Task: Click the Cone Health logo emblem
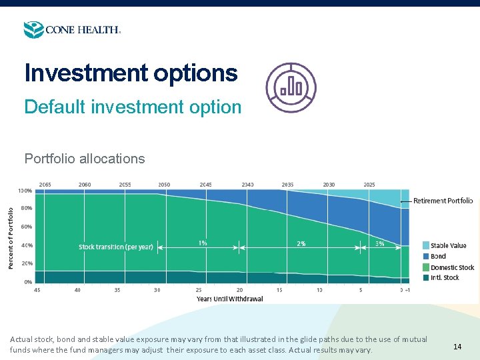(x=33, y=30)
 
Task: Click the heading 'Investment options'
(x=131, y=73)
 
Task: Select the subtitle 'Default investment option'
(x=133, y=107)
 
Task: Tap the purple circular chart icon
(x=291, y=87)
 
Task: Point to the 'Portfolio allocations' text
(x=85, y=159)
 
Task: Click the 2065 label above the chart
(x=45, y=184)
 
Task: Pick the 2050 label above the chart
(x=164, y=184)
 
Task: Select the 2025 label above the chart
(x=369, y=184)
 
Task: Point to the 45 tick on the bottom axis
(x=37, y=290)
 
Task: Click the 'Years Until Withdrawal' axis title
(x=229, y=299)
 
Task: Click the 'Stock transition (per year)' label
(x=116, y=247)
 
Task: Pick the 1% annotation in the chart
(x=203, y=243)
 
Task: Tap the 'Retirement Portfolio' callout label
(x=443, y=201)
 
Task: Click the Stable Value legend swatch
(x=426, y=245)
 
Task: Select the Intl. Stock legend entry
(x=444, y=277)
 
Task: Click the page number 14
(x=457, y=347)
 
